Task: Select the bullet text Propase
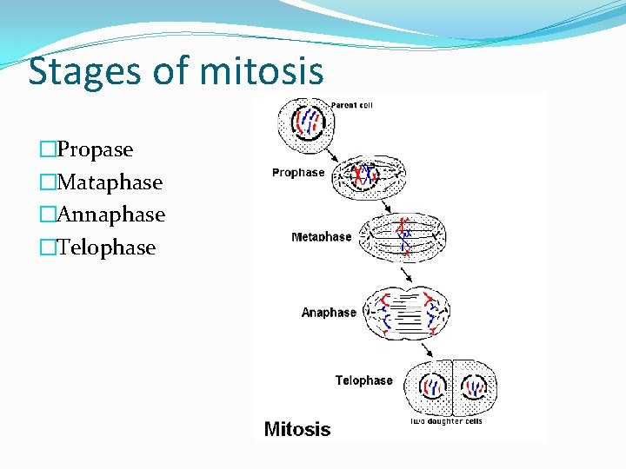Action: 95,149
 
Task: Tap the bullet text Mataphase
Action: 109,182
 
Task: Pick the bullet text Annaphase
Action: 110,215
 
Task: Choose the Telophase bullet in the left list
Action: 105,248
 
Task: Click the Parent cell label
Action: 352,106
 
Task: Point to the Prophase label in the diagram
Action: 298,173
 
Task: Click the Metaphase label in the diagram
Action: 322,237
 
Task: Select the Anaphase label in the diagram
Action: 329,313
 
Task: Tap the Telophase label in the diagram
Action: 364,380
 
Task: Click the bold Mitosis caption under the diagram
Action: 297,429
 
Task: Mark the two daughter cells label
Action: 446,422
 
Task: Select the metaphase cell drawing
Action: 403,237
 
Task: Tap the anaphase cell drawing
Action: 407,312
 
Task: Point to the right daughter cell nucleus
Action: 474,386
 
